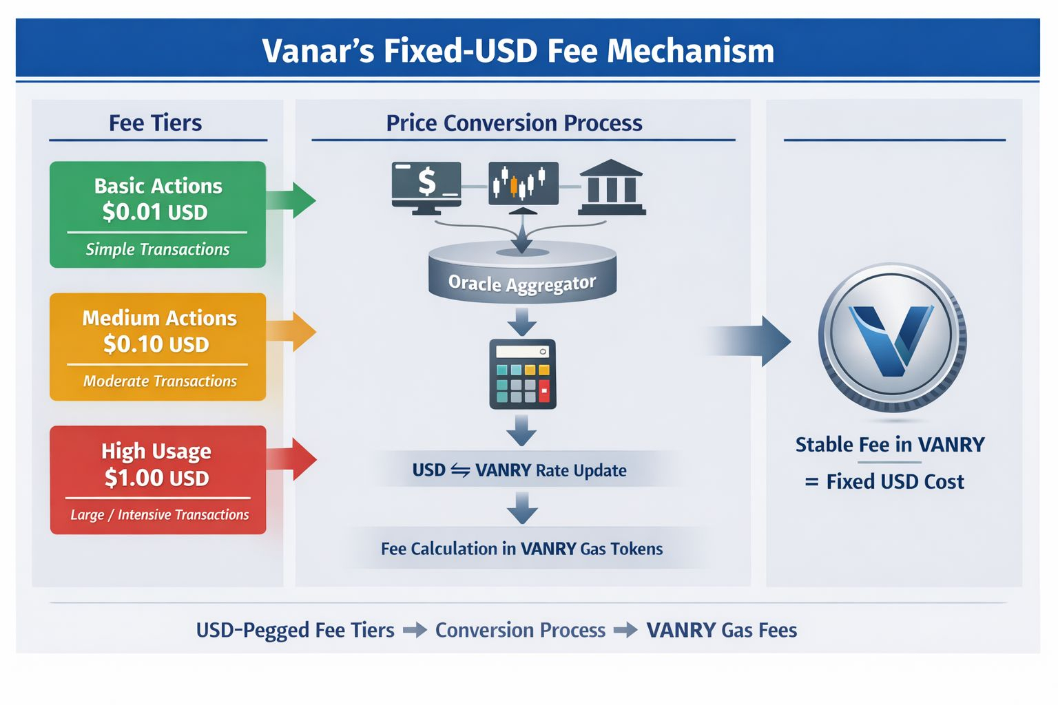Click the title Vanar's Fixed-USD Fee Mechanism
coord(518,51)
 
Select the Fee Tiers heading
coord(156,123)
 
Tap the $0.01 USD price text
coord(155,212)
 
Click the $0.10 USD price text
coord(156,344)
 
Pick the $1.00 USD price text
coord(157,477)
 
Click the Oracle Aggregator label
coord(522,283)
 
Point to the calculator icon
coord(523,374)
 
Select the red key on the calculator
coord(544,393)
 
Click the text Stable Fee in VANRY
coord(890,445)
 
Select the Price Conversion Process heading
coord(514,123)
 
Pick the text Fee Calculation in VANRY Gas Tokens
coord(521,549)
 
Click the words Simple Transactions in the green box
coord(158,249)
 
